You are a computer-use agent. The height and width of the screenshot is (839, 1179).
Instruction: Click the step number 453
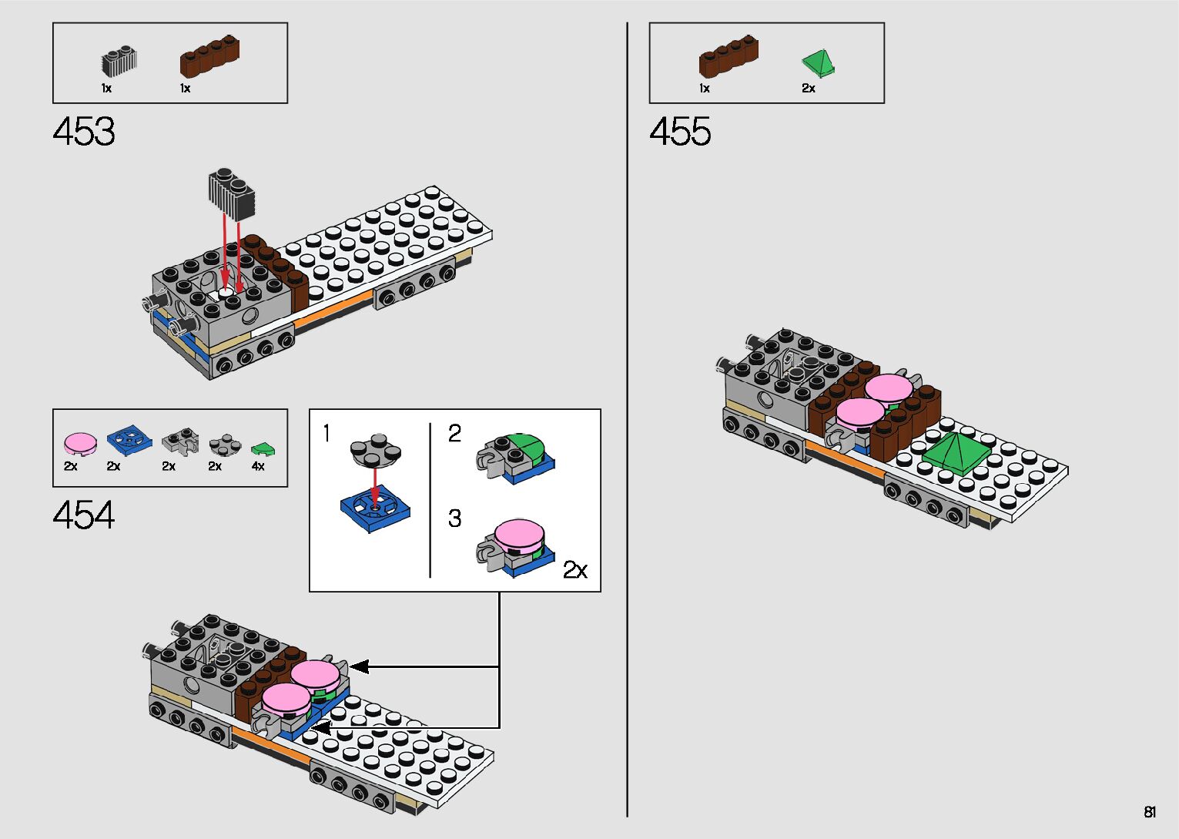[x=84, y=132]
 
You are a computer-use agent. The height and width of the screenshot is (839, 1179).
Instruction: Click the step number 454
[x=84, y=515]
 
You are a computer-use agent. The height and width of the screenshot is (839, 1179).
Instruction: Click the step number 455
[x=680, y=132]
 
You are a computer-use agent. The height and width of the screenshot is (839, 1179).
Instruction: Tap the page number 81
[x=1150, y=812]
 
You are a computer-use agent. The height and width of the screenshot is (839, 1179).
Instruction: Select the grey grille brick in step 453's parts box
[x=119, y=62]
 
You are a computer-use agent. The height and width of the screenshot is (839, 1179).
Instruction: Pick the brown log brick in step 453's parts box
[x=209, y=55]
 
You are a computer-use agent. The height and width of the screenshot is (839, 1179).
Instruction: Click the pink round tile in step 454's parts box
[x=80, y=442]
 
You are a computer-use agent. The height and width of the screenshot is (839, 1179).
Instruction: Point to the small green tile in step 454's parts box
[x=263, y=448]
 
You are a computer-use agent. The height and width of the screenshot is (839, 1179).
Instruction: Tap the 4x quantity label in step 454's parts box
[x=258, y=467]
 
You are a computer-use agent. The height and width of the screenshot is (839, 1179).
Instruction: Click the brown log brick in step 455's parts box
[x=729, y=56]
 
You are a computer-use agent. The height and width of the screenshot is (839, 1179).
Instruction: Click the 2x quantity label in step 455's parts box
[x=808, y=89]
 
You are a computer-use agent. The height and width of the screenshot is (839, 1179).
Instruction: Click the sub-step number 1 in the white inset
[x=327, y=435]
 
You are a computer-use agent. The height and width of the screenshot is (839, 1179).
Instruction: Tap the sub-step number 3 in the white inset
[x=454, y=519]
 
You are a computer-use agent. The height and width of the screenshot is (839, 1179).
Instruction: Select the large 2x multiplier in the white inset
[x=574, y=569]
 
